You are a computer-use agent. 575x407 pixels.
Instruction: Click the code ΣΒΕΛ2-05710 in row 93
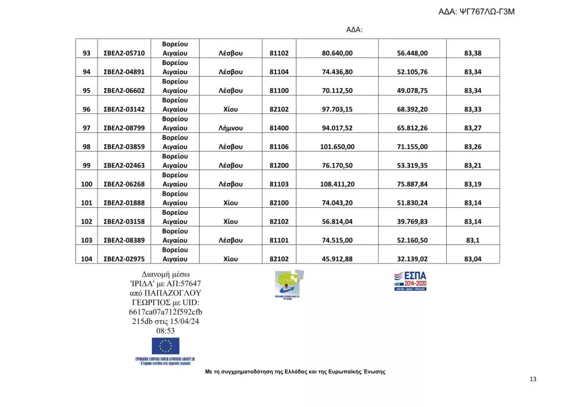[124, 53]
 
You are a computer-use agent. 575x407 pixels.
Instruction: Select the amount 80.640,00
[337, 53]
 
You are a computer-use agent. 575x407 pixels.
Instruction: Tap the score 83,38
[473, 53]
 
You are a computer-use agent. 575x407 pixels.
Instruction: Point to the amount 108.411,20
[337, 184]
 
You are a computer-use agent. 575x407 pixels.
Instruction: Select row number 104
[86, 259]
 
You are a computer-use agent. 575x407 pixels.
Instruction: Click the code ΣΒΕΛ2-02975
[124, 259]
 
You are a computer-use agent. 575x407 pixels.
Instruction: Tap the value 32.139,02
[413, 259]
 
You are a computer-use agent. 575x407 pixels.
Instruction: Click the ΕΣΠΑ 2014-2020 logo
[410, 280]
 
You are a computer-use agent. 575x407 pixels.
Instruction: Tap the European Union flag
[165, 346]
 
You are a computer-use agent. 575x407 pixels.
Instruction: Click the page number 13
[533, 379]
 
